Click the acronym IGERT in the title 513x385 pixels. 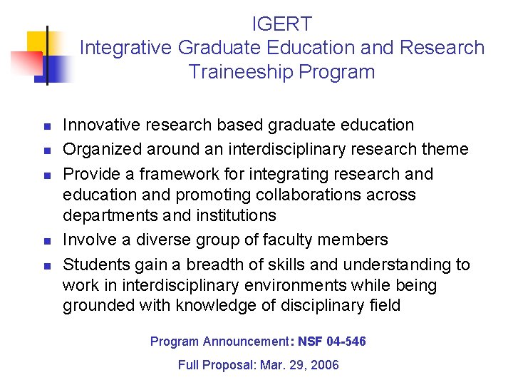(x=282, y=24)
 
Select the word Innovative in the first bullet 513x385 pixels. (x=101, y=125)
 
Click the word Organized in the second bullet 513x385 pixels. (x=101, y=150)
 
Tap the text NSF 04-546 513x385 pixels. (x=332, y=342)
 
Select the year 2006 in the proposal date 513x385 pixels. (x=325, y=365)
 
